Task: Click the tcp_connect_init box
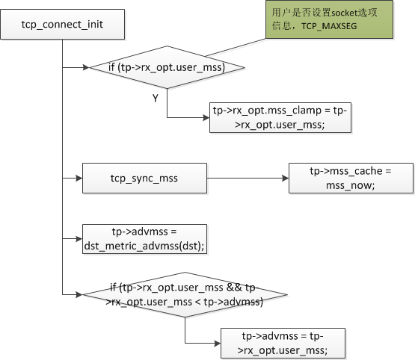point(63,25)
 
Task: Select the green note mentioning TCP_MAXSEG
point(329,19)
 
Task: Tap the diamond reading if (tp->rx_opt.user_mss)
point(167,67)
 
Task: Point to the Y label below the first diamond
point(156,99)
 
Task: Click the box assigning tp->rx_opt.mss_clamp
point(280,117)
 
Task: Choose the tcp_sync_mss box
point(144,179)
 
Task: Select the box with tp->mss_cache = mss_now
point(351,179)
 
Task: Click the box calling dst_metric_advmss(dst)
point(144,239)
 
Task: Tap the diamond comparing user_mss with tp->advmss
point(185,294)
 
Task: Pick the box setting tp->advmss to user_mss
point(283,343)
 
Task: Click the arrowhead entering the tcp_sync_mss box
point(79,179)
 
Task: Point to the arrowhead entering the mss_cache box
point(286,179)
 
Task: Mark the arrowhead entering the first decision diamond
point(86,67)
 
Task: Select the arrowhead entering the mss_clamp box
point(206,117)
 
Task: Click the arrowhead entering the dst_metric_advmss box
point(79,239)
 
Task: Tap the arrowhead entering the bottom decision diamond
point(79,294)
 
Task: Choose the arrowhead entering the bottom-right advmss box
point(218,344)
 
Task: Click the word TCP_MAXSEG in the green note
point(329,26)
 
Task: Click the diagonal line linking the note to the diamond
point(236,47)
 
